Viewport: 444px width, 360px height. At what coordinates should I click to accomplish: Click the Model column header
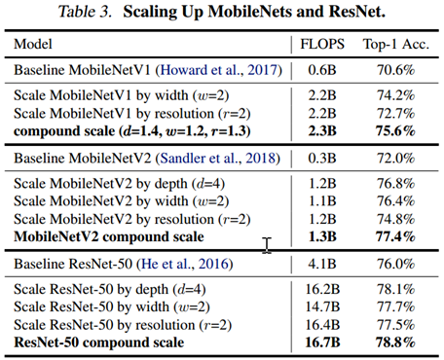[34, 45]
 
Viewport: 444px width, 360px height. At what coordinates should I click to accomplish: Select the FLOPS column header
[319, 45]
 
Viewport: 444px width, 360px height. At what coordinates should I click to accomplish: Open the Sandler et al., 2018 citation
[231, 158]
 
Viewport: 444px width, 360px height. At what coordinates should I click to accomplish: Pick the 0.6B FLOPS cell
[319, 70]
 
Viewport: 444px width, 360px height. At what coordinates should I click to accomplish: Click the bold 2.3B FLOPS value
[319, 131]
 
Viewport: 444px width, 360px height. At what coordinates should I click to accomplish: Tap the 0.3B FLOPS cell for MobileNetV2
[319, 158]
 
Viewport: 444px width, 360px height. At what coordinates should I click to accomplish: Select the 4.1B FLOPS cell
[319, 265]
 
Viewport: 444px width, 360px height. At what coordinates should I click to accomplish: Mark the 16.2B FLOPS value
[319, 289]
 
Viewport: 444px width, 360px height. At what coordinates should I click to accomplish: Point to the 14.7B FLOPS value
[319, 306]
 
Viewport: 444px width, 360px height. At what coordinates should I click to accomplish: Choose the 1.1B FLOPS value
[319, 200]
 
